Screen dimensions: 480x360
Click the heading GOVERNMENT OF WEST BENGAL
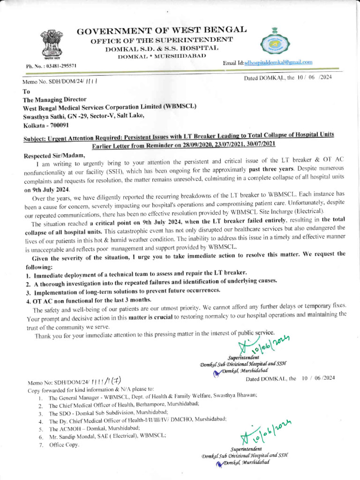point(162,31)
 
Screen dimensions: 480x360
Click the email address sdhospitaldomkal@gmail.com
point(278,62)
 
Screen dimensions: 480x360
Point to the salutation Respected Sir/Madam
point(54,155)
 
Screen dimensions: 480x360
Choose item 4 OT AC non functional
point(82,300)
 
